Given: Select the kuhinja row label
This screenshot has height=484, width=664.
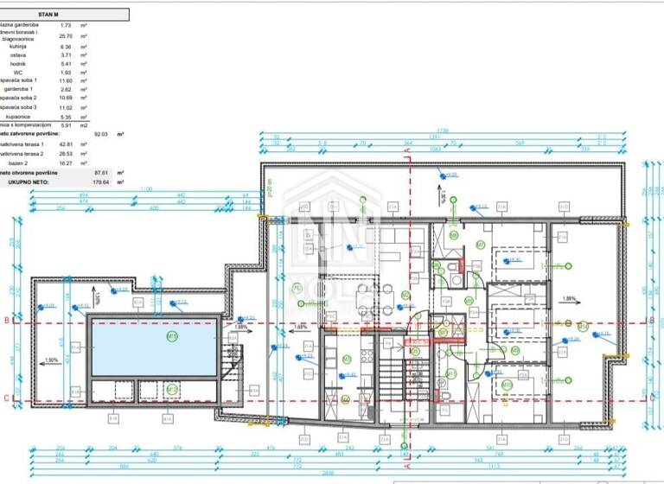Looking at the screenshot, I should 17,46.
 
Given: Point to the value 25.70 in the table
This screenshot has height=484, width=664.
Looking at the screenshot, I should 64,36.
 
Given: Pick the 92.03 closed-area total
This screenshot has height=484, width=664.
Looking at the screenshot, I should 101,134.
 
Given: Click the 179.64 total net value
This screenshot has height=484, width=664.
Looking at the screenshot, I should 101,182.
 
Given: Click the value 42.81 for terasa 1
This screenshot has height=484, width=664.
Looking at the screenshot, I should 64,143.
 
